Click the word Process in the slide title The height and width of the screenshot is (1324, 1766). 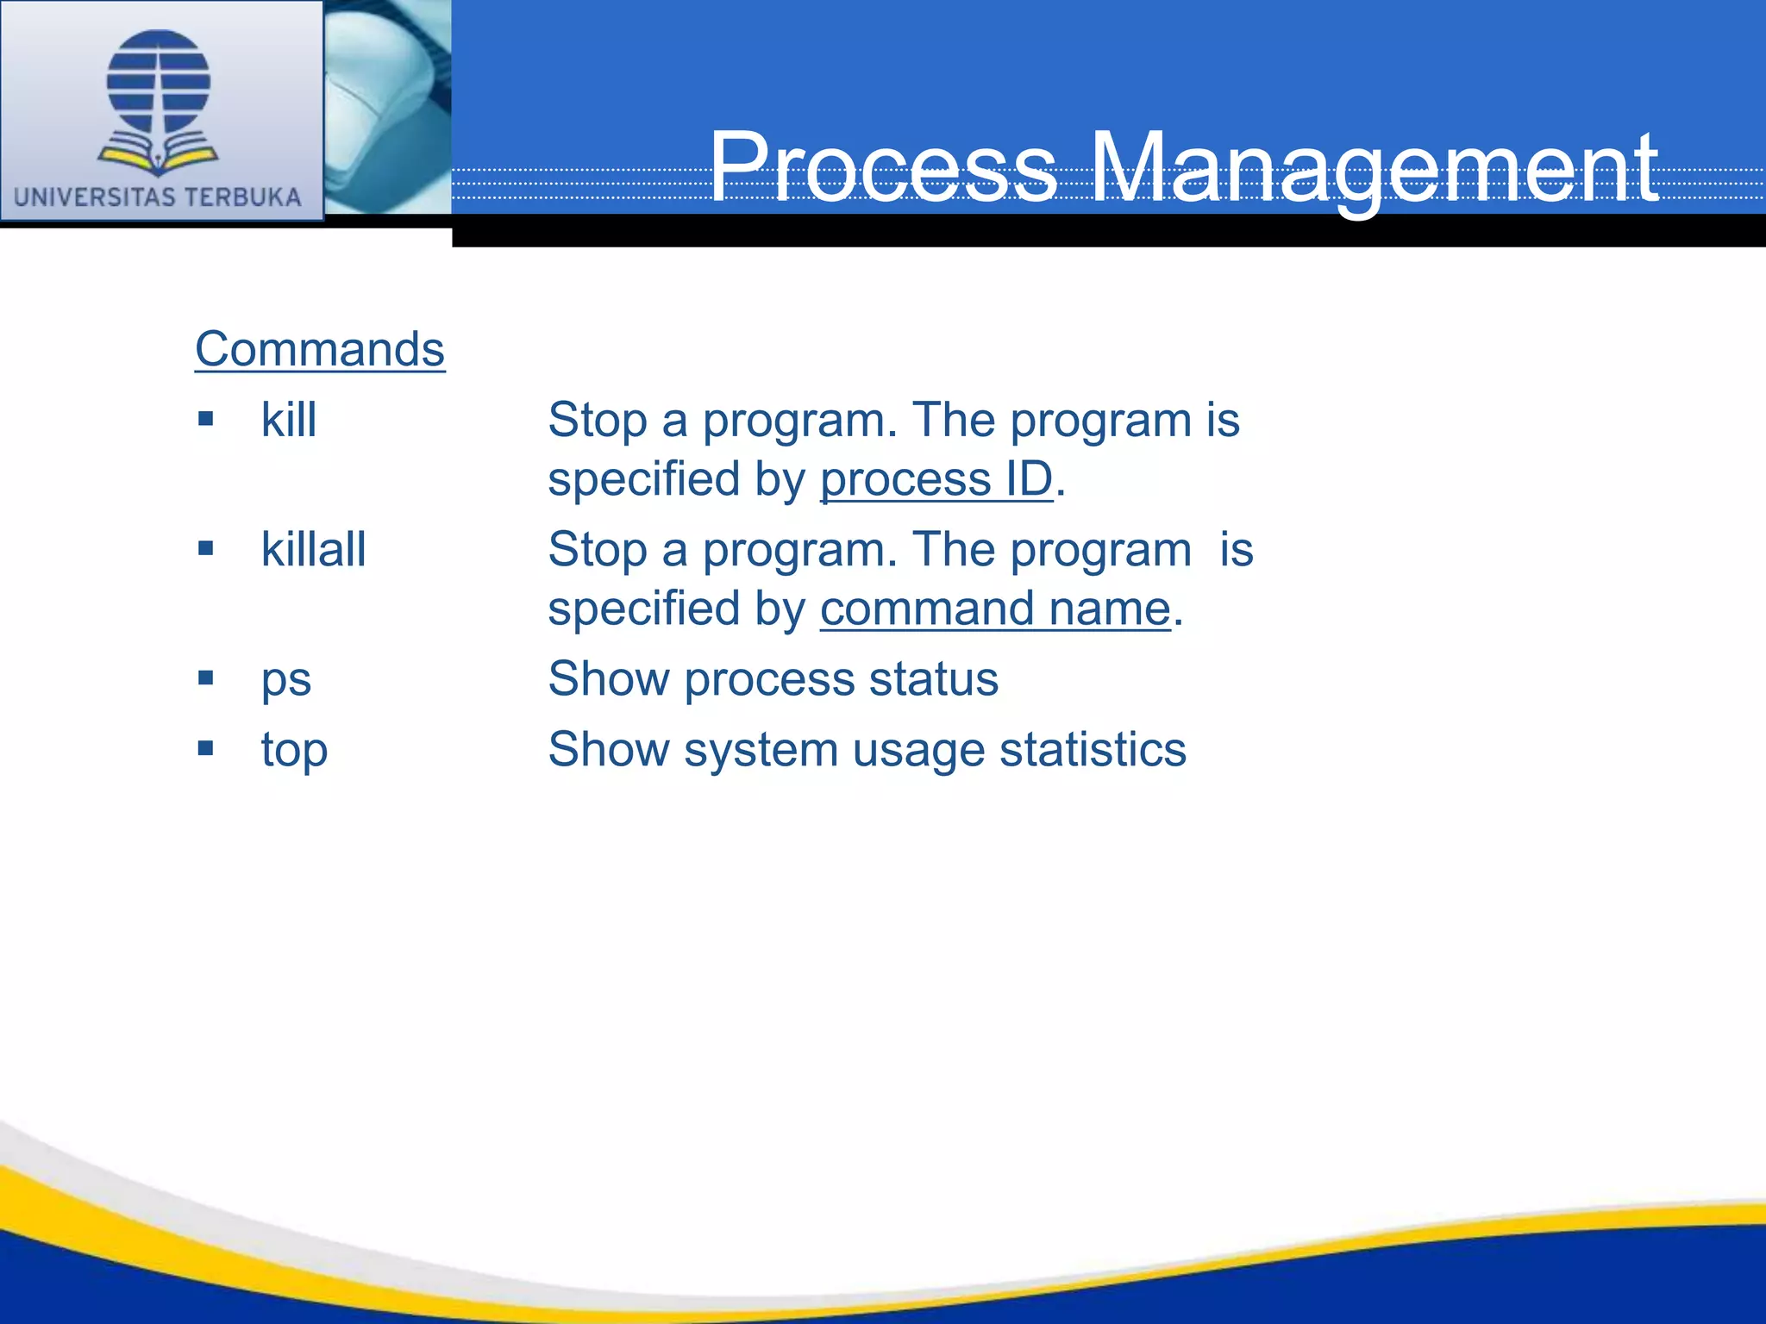[883, 168]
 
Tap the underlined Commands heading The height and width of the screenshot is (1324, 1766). [320, 349]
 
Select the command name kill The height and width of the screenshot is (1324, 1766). [289, 421]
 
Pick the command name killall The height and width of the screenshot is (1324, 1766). [314, 550]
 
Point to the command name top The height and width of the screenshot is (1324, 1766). [294, 750]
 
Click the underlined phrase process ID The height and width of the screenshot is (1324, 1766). [936, 479]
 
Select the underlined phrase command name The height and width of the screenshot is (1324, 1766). [995, 609]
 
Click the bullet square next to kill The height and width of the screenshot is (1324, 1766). [205, 419]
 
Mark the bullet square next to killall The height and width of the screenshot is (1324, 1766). [205, 548]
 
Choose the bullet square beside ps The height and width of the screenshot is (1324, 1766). [205, 678]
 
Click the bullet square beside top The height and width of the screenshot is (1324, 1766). [205, 748]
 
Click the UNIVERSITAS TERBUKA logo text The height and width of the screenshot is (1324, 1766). [158, 197]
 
